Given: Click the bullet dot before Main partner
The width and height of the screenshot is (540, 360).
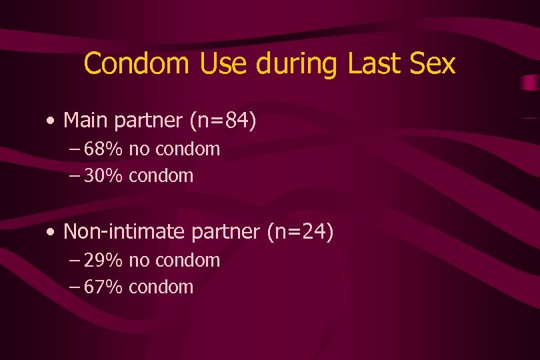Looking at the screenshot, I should point(51,122).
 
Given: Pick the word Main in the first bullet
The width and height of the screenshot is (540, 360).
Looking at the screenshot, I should point(87,121).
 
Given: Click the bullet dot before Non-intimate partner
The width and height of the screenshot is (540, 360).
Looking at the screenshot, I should point(51,233).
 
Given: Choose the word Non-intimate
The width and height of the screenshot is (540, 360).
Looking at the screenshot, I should point(125,232).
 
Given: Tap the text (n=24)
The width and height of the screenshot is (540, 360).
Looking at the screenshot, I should point(300,232).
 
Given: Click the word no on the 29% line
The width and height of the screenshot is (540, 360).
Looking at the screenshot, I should point(139,261).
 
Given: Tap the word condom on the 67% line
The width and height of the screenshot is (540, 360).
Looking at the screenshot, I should point(161,287).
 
